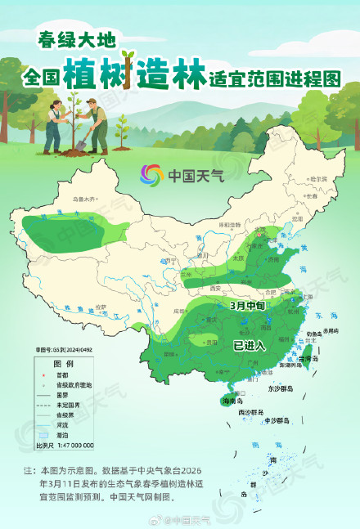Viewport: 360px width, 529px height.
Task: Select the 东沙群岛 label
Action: point(274,389)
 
